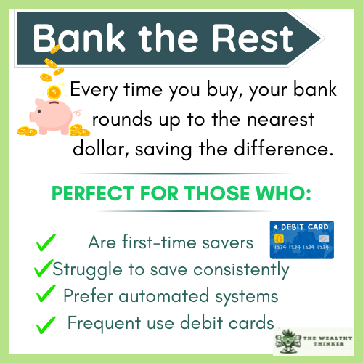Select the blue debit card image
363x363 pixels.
tap(301, 240)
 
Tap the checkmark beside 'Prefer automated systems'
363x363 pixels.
tap(46, 294)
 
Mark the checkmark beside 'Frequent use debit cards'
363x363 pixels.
tap(46, 322)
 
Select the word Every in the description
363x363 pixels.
tap(91, 91)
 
